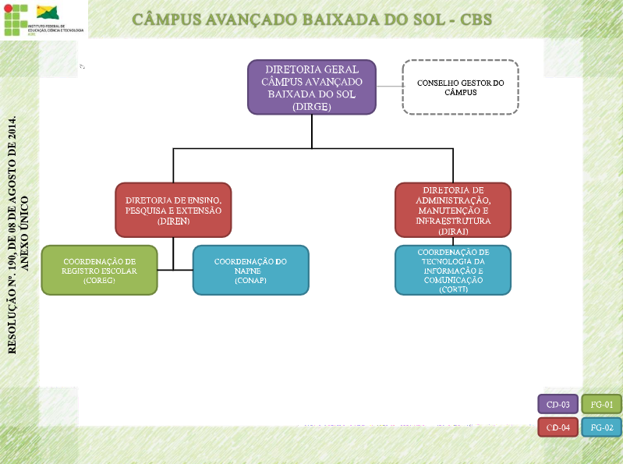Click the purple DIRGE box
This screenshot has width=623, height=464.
click(312, 87)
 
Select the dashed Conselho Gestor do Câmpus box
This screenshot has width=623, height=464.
click(460, 87)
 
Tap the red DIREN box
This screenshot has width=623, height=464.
click(173, 210)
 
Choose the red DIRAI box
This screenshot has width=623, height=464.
click(453, 210)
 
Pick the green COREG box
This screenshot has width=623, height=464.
click(99, 271)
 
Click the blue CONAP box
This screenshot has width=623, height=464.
click(250, 271)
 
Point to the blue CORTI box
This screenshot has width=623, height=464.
click(453, 271)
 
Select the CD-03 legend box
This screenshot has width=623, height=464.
click(558, 405)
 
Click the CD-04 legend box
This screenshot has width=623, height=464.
click(558, 427)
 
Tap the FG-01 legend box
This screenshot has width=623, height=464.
click(602, 405)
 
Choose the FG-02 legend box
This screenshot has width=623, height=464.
click(602, 427)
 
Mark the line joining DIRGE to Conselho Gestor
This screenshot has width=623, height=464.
click(389, 86)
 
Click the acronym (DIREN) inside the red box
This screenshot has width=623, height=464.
click(173, 221)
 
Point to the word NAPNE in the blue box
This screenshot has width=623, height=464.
click(250, 271)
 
